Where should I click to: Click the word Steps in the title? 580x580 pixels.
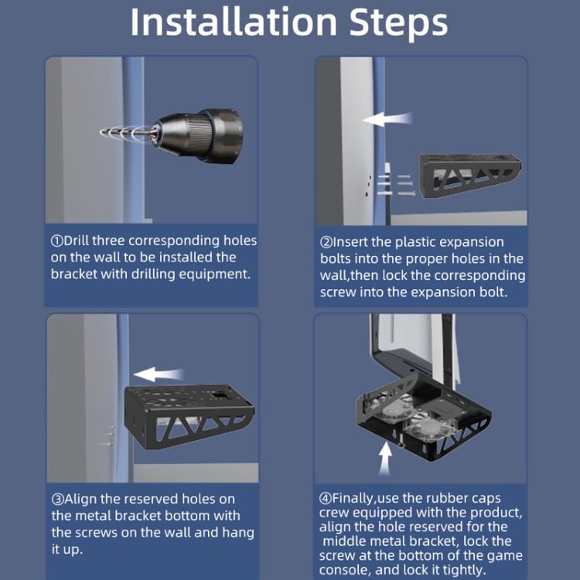[x=398, y=23]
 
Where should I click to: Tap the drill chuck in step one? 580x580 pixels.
[x=199, y=135]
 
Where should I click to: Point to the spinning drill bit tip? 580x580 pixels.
[x=103, y=131]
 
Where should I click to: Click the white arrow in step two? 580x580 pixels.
[x=387, y=119]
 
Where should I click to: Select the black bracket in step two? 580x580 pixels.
[x=469, y=176]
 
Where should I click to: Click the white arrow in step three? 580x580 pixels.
[x=159, y=374]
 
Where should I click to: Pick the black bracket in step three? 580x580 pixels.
[x=189, y=416]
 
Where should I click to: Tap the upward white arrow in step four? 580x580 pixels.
[x=384, y=459]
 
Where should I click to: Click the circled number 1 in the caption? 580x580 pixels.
[x=57, y=241]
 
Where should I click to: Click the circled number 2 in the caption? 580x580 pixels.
[x=326, y=243]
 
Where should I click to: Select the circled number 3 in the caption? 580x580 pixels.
[x=58, y=500]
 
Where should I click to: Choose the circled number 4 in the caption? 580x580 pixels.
[x=325, y=498]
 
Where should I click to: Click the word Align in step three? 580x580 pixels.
[x=80, y=499]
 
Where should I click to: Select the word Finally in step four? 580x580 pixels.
[x=353, y=498]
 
